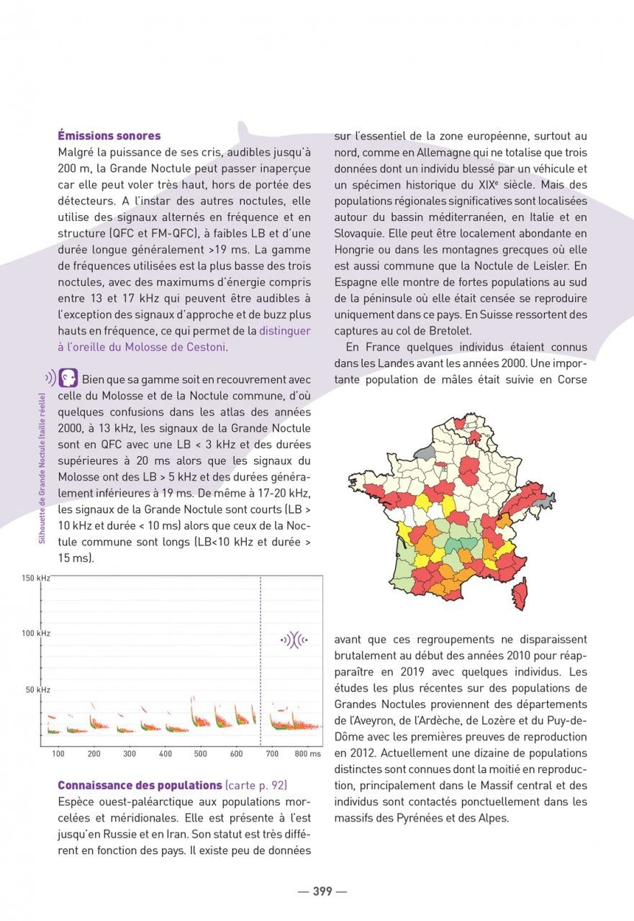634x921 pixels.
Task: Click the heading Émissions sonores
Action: [109, 135]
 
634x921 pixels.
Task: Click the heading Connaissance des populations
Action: [140, 785]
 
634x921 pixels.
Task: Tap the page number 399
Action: [322, 891]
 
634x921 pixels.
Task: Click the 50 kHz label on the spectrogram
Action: [38, 690]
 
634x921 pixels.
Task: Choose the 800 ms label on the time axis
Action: [307, 754]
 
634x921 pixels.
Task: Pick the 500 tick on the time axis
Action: [201, 754]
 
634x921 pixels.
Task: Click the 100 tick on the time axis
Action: [58, 754]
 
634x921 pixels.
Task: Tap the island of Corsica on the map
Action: [518, 594]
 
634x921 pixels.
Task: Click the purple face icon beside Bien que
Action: [68, 378]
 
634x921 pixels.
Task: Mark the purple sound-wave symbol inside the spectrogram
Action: [294, 639]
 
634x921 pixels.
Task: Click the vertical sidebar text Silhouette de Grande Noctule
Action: [42, 468]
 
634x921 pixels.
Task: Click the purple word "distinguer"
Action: [285, 331]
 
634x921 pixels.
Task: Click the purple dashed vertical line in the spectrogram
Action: [261, 662]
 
